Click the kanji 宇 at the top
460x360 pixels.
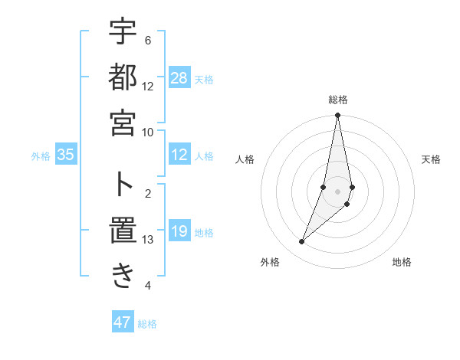click(123, 32)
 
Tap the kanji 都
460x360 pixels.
click(123, 77)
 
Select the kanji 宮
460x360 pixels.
click(123, 123)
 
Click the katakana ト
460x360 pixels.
click(123, 184)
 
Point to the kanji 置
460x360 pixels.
click(123, 230)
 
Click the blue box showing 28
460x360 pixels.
click(179, 78)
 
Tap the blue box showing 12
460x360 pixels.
click(179, 155)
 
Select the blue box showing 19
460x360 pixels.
click(179, 232)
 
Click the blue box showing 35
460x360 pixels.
click(66, 155)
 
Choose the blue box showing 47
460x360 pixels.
click(123, 322)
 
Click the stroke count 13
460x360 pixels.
click(148, 240)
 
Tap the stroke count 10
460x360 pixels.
click(148, 132)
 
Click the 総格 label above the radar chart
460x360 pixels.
click(337, 100)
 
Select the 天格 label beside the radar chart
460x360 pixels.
click(432, 159)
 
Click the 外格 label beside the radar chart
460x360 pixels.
click(270, 262)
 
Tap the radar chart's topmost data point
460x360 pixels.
click(337, 116)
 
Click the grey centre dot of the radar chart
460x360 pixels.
click(337, 191)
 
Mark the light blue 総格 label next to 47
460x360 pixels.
click(147, 324)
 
